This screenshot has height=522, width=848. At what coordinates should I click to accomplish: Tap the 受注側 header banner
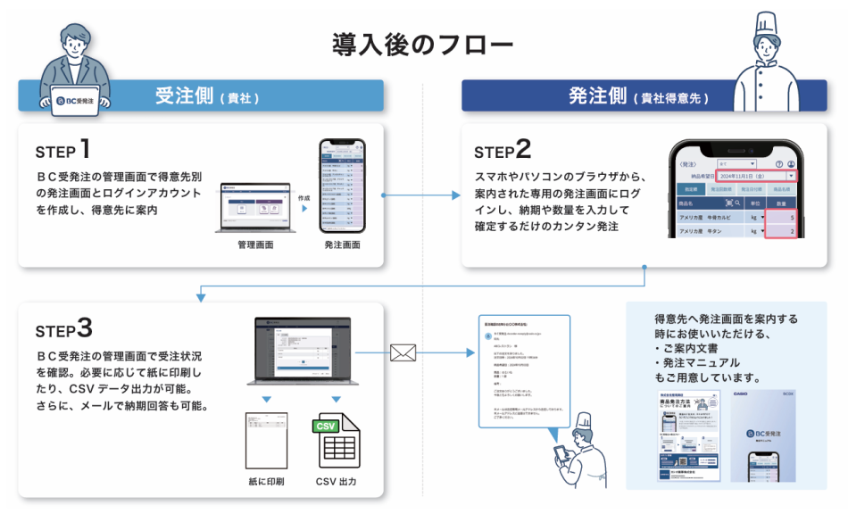click(x=201, y=95)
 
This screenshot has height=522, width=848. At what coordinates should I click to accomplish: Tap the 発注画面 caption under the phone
click(x=343, y=243)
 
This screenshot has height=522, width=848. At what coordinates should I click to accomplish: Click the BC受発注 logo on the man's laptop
click(x=79, y=101)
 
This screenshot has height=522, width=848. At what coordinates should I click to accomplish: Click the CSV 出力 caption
click(x=336, y=483)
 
